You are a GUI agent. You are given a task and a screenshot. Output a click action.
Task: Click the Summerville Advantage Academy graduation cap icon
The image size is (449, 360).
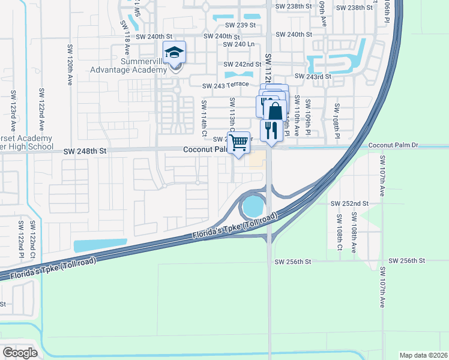coord(175,53)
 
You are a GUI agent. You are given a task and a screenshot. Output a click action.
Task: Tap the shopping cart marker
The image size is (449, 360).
coord(239,143)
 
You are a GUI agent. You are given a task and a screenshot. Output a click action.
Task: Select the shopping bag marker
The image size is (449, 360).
coord(276,111)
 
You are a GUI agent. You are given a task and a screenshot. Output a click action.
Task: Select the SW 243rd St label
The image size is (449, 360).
coord(313,77)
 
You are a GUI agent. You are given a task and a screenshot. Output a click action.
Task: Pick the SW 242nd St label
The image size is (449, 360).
coord(242,64)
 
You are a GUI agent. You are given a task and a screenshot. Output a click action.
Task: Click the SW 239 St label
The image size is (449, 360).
coord(241,25)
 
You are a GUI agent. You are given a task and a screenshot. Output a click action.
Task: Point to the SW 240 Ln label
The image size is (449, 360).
coord(239,44)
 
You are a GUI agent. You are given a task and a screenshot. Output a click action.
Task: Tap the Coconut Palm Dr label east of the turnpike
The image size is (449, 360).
coord(392,145)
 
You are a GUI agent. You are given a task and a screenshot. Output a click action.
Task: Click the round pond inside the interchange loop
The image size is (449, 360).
coord(253,207)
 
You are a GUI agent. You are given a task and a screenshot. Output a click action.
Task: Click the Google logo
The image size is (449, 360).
coord(20,352)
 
